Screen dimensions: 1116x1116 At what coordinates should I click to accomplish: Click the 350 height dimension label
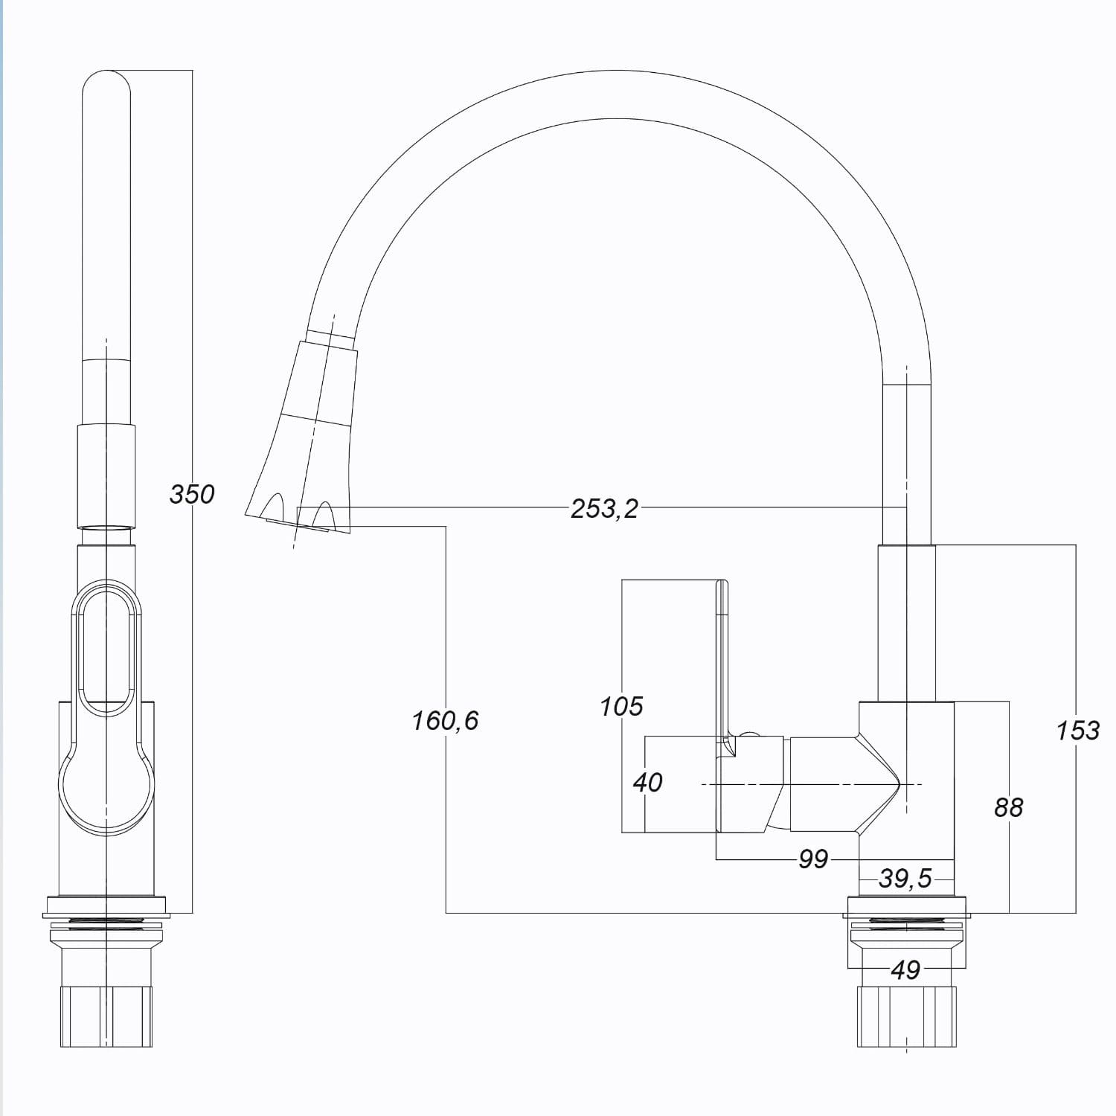pyautogui.click(x=192, y=494)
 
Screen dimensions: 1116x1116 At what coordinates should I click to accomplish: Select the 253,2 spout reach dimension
pyautogui.click(x=604, y=509)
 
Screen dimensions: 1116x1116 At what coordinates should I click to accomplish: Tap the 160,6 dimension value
pyautogui.click(x=446, y=720)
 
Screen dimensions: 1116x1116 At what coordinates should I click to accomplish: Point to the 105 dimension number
pyautogui.click(x=622, y=706)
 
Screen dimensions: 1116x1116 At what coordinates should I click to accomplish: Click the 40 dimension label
pyautogui.click(x=647, y=783)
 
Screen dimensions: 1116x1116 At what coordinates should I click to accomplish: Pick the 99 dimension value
pyautogui.click(x=813, y=859)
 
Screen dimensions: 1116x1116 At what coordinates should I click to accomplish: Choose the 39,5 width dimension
pyautogui.click(x=905, y=879)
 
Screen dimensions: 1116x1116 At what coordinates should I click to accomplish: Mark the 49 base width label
pyautogui.click(x=905, y=970)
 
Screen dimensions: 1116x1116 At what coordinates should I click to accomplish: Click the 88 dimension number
pyautogui.click(x=1009, y=807)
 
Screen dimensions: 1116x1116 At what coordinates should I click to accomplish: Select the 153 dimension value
pyautogui.click(x=1078, y=731)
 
